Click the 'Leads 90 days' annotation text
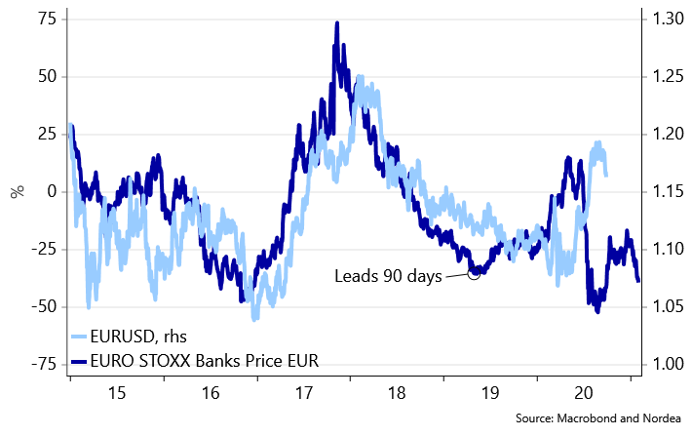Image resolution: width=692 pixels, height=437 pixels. tap(388, 276)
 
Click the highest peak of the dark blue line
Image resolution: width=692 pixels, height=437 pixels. tap(337, 23)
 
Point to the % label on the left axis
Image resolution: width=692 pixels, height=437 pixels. tap(17, 191)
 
